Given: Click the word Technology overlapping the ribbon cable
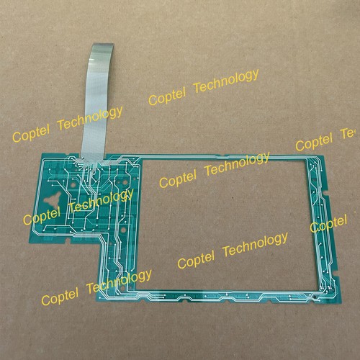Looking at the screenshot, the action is click(x=90, y=119).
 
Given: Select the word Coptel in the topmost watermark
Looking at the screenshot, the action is click(x=167, y=96).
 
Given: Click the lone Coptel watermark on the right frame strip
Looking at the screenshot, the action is click(x=328, y=224).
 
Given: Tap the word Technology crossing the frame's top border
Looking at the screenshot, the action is click(x=237, y=163).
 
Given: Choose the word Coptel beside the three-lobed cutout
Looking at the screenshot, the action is click(x=42, y=216).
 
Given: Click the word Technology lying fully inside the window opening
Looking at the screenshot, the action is click(x=256, y=244).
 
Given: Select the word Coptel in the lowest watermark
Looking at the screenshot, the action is click(x=60, y=296).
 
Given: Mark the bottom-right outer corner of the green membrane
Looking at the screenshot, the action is click(x=341, y=302).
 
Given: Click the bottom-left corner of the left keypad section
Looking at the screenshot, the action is click(x=30, y=243).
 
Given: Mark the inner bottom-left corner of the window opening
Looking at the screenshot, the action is click(x=135, y=289).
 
